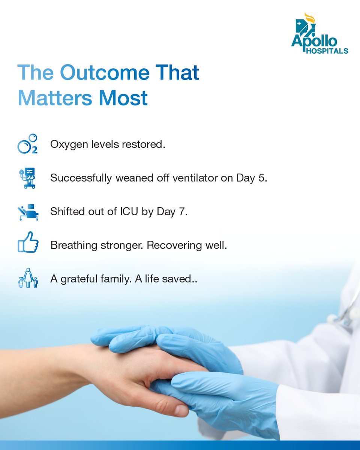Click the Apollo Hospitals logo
319,34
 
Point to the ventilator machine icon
27,178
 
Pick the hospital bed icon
28,212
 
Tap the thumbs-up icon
28,242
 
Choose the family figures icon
28,278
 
